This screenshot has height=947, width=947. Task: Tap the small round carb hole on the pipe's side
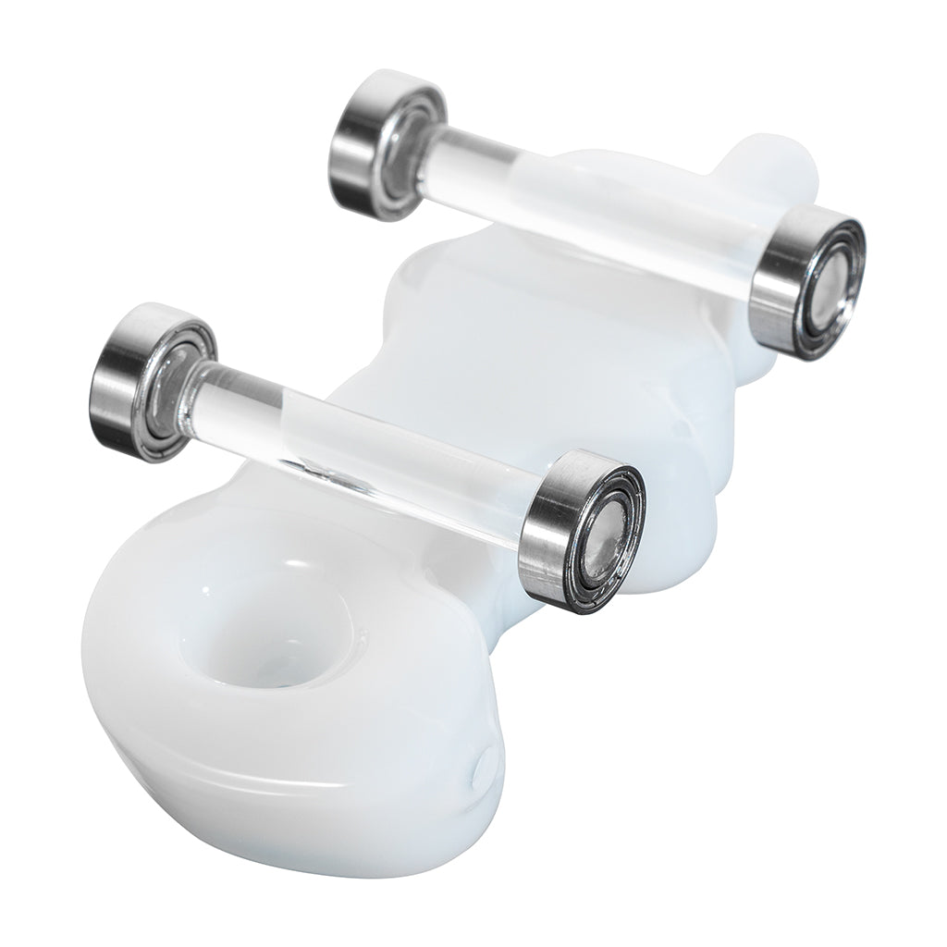[x=482, y=767]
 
